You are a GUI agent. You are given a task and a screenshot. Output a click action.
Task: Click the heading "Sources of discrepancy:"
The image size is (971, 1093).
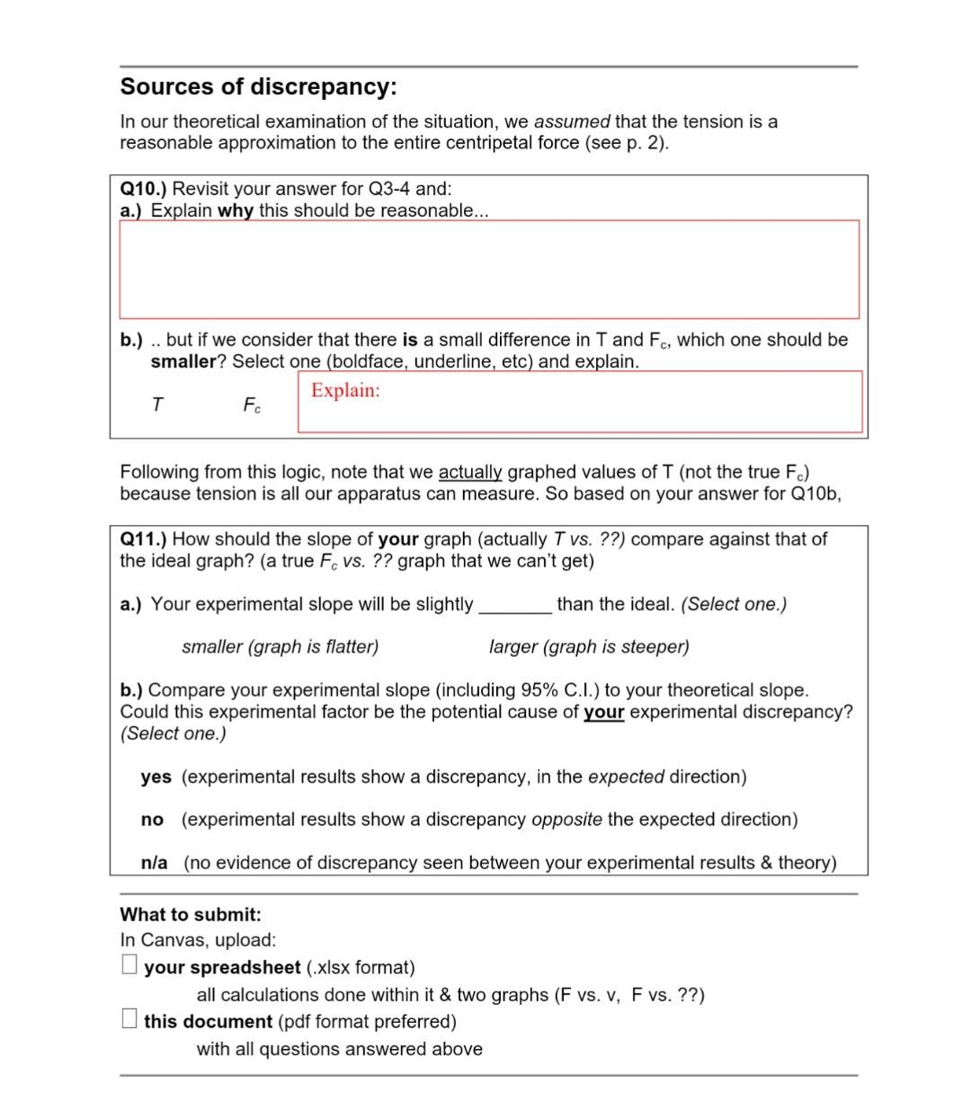[x=258, y=87]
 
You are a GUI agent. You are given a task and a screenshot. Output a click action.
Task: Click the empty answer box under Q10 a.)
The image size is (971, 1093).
[x=489, y=269]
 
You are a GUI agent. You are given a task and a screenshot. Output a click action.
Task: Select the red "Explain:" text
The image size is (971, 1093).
[x=345, y=390]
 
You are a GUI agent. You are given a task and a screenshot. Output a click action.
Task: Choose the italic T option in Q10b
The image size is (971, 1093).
[x=157, y=405]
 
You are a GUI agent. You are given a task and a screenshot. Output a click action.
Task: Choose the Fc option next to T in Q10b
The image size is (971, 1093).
[x=252, y=406]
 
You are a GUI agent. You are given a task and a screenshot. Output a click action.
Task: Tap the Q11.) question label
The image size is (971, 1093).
[x=143, y=539]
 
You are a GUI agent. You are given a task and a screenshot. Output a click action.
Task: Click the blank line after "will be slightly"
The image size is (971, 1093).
[x=515, y=605]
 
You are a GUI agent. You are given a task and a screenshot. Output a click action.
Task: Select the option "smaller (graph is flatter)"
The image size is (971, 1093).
[x=280, y=647]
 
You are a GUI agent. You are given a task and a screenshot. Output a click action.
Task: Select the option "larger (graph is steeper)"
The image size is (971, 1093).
[x=589, y=647]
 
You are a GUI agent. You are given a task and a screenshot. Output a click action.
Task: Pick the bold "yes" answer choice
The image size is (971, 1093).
[x=156, y=777]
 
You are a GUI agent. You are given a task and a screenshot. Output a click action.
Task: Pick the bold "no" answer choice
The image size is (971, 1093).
[x=152, y=820]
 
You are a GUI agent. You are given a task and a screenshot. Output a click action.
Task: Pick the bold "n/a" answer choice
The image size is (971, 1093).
[x=154, y=863]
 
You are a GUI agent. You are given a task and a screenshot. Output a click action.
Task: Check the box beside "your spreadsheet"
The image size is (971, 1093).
[x=129, y=965]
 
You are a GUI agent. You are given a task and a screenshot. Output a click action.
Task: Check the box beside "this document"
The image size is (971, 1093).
[x=129, y=1019]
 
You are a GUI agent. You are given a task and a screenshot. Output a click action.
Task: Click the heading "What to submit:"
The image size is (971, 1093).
[x=191, y=915]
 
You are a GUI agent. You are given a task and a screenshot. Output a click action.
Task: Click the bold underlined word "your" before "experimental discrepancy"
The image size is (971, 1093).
[x=603, y=712]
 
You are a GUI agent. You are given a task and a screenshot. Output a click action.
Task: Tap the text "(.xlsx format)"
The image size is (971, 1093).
[x=361, y=968]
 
